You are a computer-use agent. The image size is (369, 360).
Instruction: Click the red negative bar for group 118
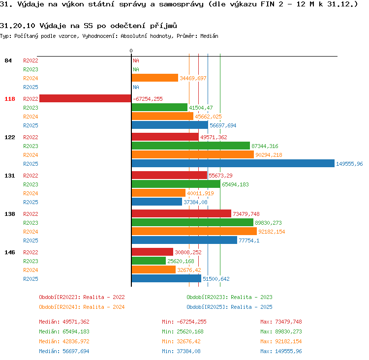pos(85,98)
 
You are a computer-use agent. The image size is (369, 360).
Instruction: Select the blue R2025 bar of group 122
pos(233,163)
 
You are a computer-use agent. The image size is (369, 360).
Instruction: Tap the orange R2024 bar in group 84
pos(155,78)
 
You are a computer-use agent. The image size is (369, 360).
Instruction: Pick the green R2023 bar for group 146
pos(149,261)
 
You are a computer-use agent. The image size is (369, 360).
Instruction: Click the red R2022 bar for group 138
pos(182,213)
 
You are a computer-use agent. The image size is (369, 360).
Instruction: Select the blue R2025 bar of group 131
pos(157,202)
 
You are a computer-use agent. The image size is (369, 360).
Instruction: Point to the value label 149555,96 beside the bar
pos(349,164)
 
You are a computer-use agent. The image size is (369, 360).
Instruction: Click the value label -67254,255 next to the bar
pos(148,99)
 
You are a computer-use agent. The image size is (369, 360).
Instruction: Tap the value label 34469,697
pos(193,78)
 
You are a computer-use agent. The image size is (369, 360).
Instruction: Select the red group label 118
pos(10,99)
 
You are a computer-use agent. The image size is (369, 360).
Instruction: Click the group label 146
pos(10,252)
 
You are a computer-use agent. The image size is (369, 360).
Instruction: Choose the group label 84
pos(8,60)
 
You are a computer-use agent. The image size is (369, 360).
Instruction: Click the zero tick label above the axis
pos(131,51)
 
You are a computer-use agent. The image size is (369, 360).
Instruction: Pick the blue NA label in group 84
pos(136,87)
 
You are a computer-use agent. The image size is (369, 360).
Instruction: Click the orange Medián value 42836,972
pos(76,341)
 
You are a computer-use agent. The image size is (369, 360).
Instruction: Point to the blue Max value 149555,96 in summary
pos(288,351)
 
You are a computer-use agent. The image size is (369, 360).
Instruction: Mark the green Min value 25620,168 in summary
pos(190,331)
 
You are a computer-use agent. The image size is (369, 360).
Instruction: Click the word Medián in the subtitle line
pos(209,36)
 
